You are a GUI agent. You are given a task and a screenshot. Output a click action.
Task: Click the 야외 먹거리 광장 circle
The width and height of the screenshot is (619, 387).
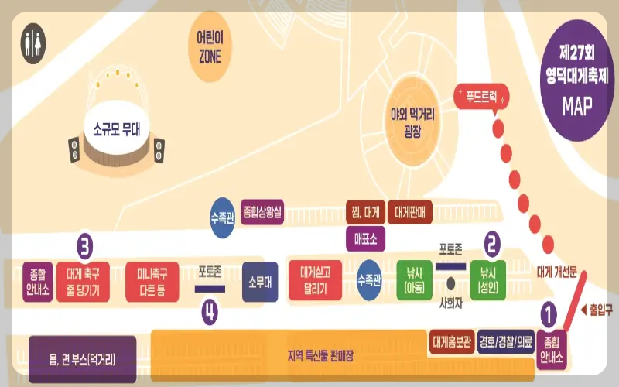click(412, 122)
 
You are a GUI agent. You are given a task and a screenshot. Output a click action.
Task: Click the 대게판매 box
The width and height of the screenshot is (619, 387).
click(414, 210)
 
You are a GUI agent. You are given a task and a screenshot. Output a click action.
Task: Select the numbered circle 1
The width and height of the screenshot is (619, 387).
click(548, 314)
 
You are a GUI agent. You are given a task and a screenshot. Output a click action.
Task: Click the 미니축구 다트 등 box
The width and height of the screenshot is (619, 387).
click(152, 280)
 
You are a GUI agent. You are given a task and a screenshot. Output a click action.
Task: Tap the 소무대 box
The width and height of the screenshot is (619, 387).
click(258, 279)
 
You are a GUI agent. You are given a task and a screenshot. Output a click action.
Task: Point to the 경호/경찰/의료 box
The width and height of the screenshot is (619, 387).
click(506, 341)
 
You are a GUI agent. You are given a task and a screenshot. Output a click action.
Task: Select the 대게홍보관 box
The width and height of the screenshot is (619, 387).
click(450, 341)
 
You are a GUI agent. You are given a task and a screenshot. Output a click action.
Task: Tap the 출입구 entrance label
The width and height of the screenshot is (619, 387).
click(597, 309)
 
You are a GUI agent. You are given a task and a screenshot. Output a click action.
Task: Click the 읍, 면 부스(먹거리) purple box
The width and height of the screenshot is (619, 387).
click(82, 359)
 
